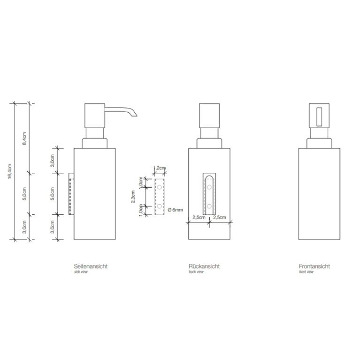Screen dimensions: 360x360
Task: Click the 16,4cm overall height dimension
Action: tap(10, 171)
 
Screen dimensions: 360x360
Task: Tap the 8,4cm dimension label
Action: tap(24, 138)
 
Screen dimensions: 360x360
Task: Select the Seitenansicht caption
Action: tap(91, 266)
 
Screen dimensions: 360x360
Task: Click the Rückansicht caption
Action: tap(204, 266)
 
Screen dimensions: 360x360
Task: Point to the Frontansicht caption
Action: tap(314, 266)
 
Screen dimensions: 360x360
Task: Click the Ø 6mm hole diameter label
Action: tap(176, 210)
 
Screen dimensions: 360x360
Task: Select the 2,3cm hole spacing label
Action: tap(133, 197)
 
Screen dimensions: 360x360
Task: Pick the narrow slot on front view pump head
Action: tap(319, 116)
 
